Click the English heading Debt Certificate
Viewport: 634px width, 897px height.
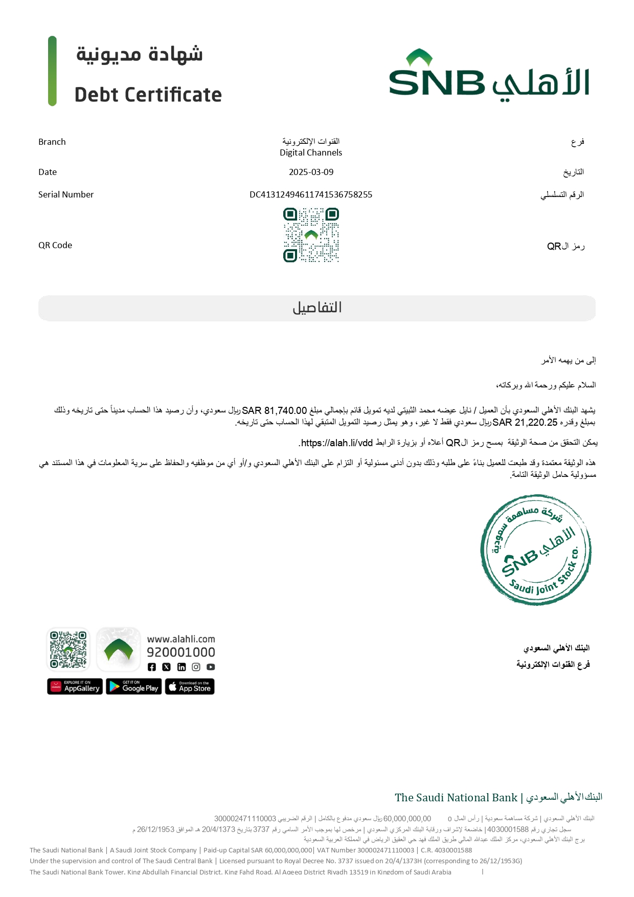pos(148,95)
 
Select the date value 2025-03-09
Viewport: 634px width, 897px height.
pos(311,172)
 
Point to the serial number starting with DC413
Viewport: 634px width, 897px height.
pos(311,194)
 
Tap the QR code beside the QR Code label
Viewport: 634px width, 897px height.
pos(311,235)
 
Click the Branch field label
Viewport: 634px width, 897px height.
pos(52,142)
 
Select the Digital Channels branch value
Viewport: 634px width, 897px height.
pos(311,152)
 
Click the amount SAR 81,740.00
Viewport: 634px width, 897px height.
pos(275,410)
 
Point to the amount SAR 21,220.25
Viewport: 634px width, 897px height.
pos(525,422)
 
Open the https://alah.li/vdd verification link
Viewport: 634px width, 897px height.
pos(336,443)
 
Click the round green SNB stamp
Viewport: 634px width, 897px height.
pos(536,550)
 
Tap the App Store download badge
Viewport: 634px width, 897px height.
pos(190,687)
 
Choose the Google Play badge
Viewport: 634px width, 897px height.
pos(133,687)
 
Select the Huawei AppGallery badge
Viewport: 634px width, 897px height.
pos(75,687)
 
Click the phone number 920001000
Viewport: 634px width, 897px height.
pos(181,652)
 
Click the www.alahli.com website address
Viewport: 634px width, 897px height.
pos(181,639)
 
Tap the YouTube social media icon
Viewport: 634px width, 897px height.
pos(211,667)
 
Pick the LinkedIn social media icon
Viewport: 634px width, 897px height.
pos(182,667)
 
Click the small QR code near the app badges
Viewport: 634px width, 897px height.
pos(68,649)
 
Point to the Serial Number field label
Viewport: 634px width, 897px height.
pos(66,194)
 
